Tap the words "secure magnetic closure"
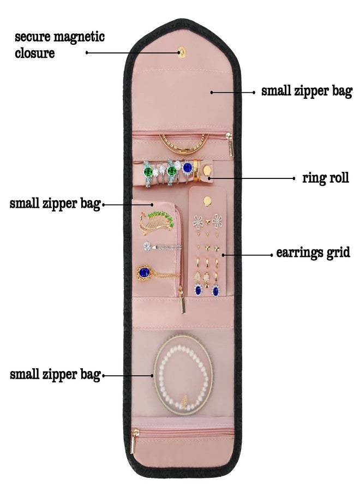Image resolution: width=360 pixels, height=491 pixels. [59, 45]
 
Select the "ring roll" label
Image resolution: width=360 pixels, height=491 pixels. [325, 178]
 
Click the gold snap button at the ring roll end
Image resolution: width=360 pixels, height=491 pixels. [207, 171]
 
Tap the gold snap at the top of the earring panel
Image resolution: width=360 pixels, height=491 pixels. [207, 201]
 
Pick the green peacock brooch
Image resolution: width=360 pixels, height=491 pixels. [156, 223]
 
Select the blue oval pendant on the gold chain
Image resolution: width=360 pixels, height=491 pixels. [145, 272]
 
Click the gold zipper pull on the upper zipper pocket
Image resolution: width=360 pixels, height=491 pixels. [231, 144]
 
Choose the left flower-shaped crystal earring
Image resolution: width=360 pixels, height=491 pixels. [198, 221]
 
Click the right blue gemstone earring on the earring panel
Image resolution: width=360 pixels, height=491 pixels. [215, 290]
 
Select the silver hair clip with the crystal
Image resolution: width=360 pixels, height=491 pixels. [162, 246]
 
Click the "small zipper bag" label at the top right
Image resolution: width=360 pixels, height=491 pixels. [307, 92]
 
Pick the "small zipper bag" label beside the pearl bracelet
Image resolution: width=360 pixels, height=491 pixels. [55, 375]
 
